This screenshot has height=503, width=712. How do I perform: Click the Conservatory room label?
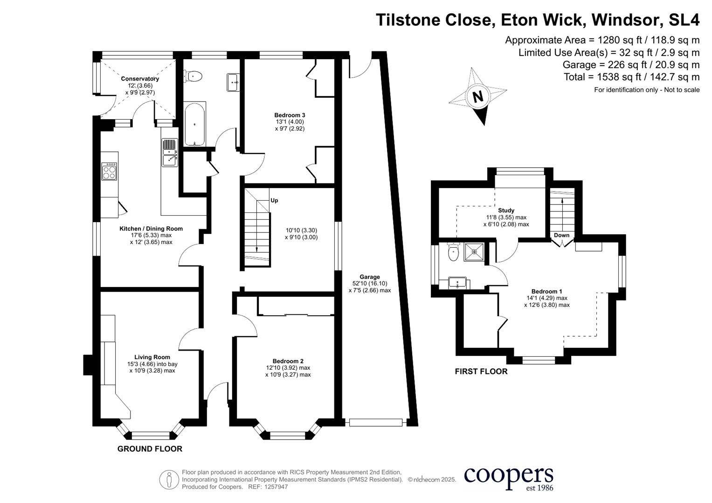click(x=140, y=79)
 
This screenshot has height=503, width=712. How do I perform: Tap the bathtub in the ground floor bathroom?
click(x=194, y=124)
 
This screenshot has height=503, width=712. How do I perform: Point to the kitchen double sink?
click(x=169, y=153)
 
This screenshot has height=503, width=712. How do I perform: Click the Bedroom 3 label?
click(x=290, y=115)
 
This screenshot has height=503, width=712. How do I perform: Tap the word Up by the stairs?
click(x=274, y=200)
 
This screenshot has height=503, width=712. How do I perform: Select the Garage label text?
click(x=369, y=277)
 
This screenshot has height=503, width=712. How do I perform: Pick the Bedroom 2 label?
click(x=288, y=361)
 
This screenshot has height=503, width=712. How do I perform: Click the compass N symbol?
click(x=477, y=96)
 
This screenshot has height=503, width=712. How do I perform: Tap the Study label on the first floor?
click(x=506, y=211)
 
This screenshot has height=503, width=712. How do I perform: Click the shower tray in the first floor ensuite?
click(x=474, y=252)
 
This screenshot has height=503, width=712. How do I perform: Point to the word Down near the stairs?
click(x=561, y=235)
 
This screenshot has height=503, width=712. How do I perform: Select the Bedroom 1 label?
click(x=546, y=292)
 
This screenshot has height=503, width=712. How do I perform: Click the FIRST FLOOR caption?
click(x=481, y=371)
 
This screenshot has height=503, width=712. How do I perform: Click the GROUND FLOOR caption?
click(x=150, y=449)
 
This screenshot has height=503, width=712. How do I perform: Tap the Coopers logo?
click(x=508, y=477)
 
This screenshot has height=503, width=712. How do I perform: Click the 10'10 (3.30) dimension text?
click(x=301, y=230)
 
